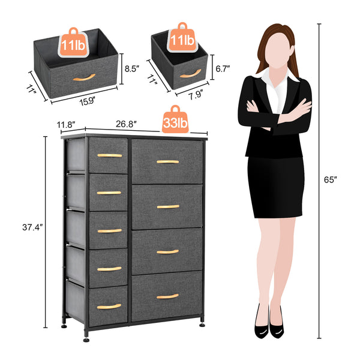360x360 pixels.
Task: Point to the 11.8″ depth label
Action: point(67,125)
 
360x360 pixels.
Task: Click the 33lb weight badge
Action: point(175,122)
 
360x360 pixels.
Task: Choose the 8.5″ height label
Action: point(131,69)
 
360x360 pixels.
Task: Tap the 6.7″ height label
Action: point(223,69)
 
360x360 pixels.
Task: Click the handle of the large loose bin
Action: point(84,77)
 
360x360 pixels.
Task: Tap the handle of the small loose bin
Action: point(190,74)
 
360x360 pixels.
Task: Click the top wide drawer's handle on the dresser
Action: point(167,161)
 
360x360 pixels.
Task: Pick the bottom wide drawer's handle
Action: point(167,296)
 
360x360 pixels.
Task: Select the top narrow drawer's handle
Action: point(109,155)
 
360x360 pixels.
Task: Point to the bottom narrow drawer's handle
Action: point(109,306)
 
